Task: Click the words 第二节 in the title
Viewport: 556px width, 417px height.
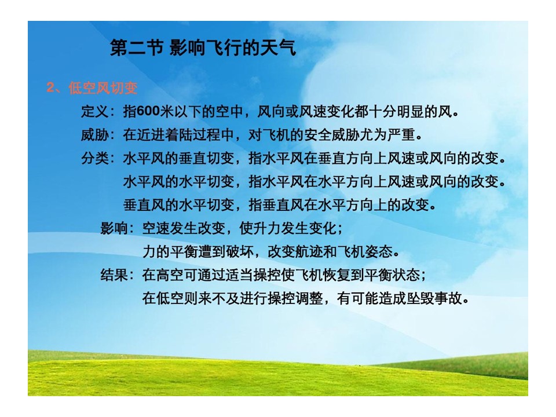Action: (137, 47)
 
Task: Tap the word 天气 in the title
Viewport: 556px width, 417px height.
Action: (277, 47)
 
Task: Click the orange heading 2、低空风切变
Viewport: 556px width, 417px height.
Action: (92, 87)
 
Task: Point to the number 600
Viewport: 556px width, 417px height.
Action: (148, 111)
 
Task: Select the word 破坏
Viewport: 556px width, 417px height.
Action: (239, 251)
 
